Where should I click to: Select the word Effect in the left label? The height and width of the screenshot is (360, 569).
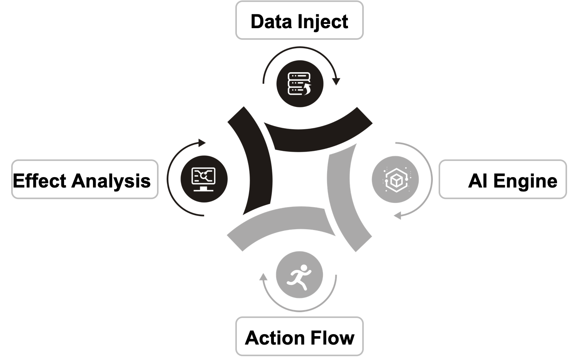tap(39, 181)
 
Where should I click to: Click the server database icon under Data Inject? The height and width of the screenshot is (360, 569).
tap(300, 84)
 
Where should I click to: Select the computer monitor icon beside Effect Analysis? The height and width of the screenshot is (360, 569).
tap(204, 179)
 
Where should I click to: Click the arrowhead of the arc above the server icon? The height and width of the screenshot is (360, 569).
tap(336, 81)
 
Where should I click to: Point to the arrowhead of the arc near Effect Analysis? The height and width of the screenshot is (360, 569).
tap(202, 143)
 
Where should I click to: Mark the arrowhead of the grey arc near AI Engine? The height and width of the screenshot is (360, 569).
tap(397, 215)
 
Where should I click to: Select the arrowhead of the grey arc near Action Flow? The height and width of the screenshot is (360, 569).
tap(263, 277)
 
